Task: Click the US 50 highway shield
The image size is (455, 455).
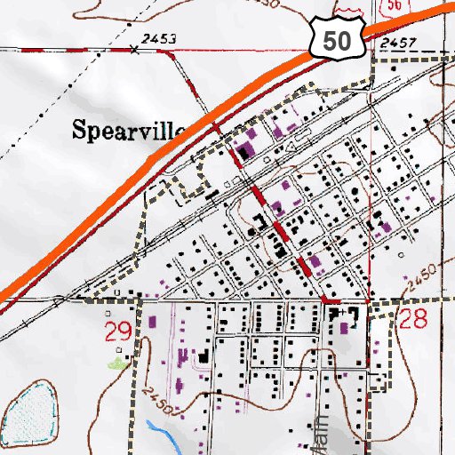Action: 339,40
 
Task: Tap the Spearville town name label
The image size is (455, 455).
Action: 127,130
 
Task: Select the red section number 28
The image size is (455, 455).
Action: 414,321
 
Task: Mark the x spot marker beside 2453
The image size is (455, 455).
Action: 134,50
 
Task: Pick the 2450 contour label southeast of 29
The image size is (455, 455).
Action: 160,400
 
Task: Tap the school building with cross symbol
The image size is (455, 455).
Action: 339,315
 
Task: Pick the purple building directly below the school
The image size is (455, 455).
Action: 343,331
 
